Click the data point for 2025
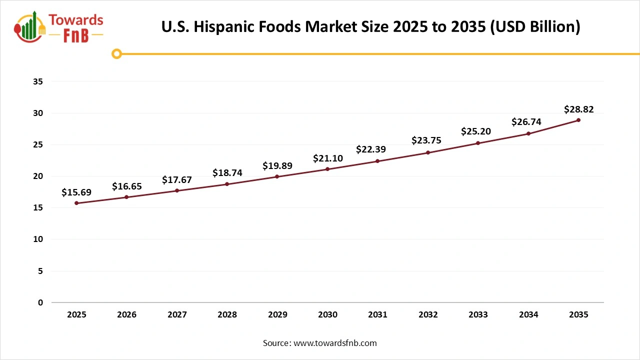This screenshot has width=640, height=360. click(x=76, y=203)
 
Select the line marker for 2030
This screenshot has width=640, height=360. click(x=327, y=169)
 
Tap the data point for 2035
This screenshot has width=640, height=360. click(x=578, y=120)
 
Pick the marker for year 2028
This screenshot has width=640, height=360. click(x=227, y=184)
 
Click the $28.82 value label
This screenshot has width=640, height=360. click(x=578, y=109)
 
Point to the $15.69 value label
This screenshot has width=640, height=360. click(x=76, y=192)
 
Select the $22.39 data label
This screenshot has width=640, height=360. click(x=371, y=149)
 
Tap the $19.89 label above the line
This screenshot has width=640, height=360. click(x=277, y=165)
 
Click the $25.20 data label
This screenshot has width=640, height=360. click(x=476, y=131)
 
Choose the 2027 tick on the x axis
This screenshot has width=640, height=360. click(x=177, y=314)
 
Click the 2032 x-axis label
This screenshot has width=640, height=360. click(x=428, y=314)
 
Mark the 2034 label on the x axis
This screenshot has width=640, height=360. click(x=528, y=314)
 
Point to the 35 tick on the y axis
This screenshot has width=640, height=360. click(x=38, y=81)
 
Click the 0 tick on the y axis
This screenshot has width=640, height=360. click(x=40, y=302)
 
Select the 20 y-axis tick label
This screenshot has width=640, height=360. click(x=38, y=176)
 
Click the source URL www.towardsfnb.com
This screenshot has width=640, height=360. click(x=334, y=343)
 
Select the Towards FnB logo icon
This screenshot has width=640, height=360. click(x=30, y=26)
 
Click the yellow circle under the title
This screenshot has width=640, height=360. click(x=116, y=53)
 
